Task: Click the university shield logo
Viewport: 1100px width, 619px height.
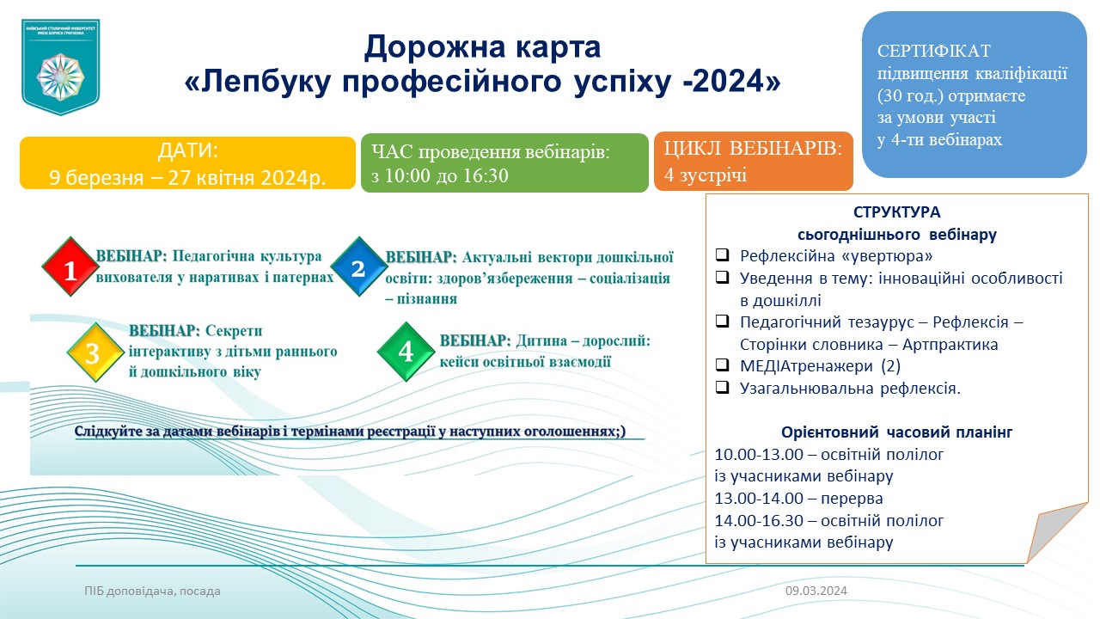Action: (x=60, y=67)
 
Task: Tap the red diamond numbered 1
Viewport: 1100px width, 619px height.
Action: (x=70, y=267)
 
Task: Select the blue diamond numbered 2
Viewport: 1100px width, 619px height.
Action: (x=359, y=267)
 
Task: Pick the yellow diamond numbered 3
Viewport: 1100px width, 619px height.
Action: (x=95, y=352)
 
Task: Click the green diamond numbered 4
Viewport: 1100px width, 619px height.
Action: (x=406, y=352)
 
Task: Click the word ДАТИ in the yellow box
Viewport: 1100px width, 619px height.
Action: (x=187, y=150)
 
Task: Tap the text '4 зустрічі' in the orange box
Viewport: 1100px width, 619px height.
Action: (x=706, y=175)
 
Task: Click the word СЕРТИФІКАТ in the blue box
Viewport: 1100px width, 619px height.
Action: (x=933, y=51)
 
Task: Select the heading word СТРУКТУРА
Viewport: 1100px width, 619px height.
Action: (x=896, y=212)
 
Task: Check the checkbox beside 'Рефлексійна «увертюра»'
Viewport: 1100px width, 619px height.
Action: (x=722, y=254)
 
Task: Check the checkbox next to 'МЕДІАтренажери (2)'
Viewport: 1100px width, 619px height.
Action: (x=722, y=365)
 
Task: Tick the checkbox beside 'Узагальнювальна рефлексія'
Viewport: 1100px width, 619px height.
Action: (x=722, y=387)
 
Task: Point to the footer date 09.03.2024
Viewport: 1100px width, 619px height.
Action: (x=816, y=591)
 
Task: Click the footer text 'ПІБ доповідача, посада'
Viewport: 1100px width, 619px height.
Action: (x=152, y=591)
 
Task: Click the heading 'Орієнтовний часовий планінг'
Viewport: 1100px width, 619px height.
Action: (x=896, y=432)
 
